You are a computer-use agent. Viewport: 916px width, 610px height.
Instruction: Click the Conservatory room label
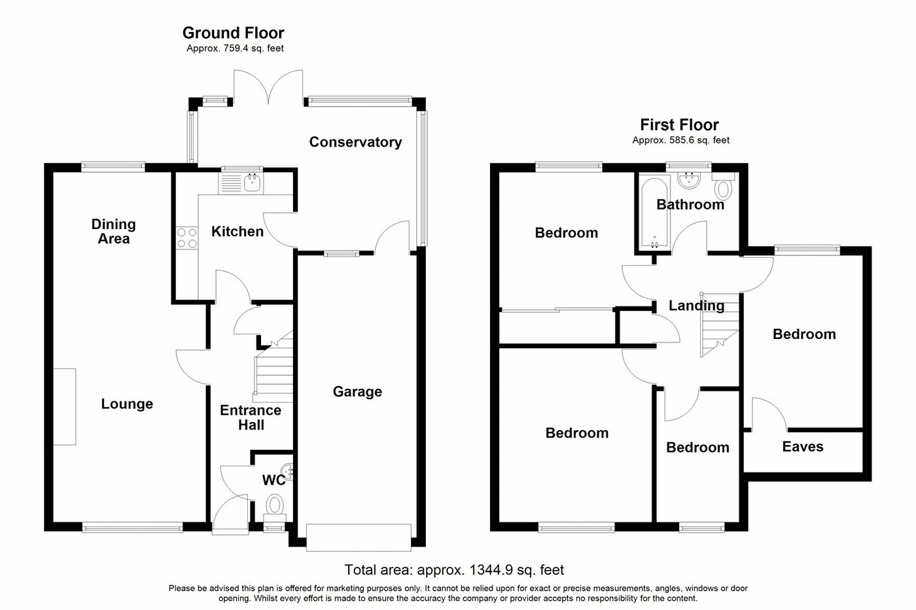(x=355, y=142)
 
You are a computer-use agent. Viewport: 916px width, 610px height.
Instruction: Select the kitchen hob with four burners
(x=187, y=237)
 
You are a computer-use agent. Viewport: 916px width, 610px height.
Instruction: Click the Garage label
(x=357, y=391)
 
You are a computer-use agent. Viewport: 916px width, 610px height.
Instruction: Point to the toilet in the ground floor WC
(x=275, y=505)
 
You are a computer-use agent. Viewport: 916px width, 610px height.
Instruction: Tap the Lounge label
(x=127, y=404)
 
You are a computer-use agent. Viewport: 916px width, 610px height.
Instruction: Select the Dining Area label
(x=114, y=232)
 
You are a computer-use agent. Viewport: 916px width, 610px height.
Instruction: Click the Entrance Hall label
(x=251, y=418)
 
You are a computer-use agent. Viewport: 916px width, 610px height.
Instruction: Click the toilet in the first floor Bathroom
(x=723, y=189)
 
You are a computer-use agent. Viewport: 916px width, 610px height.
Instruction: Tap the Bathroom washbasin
(x=688, y=179)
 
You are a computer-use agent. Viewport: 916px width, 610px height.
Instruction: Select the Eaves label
(x=803, y=446)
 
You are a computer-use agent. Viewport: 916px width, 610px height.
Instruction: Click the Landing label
(x=696, y=305)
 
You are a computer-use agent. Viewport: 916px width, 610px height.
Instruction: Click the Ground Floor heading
(x=233, y=33)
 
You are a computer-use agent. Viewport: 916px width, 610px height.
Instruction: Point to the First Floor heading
(x=679, y=124)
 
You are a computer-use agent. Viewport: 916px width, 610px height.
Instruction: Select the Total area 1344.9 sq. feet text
(x=454, y=570)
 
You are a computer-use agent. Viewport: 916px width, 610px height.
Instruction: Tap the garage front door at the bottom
(x=359, y=534)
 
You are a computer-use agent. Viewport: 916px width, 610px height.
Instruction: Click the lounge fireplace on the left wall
(x=64, y=406)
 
